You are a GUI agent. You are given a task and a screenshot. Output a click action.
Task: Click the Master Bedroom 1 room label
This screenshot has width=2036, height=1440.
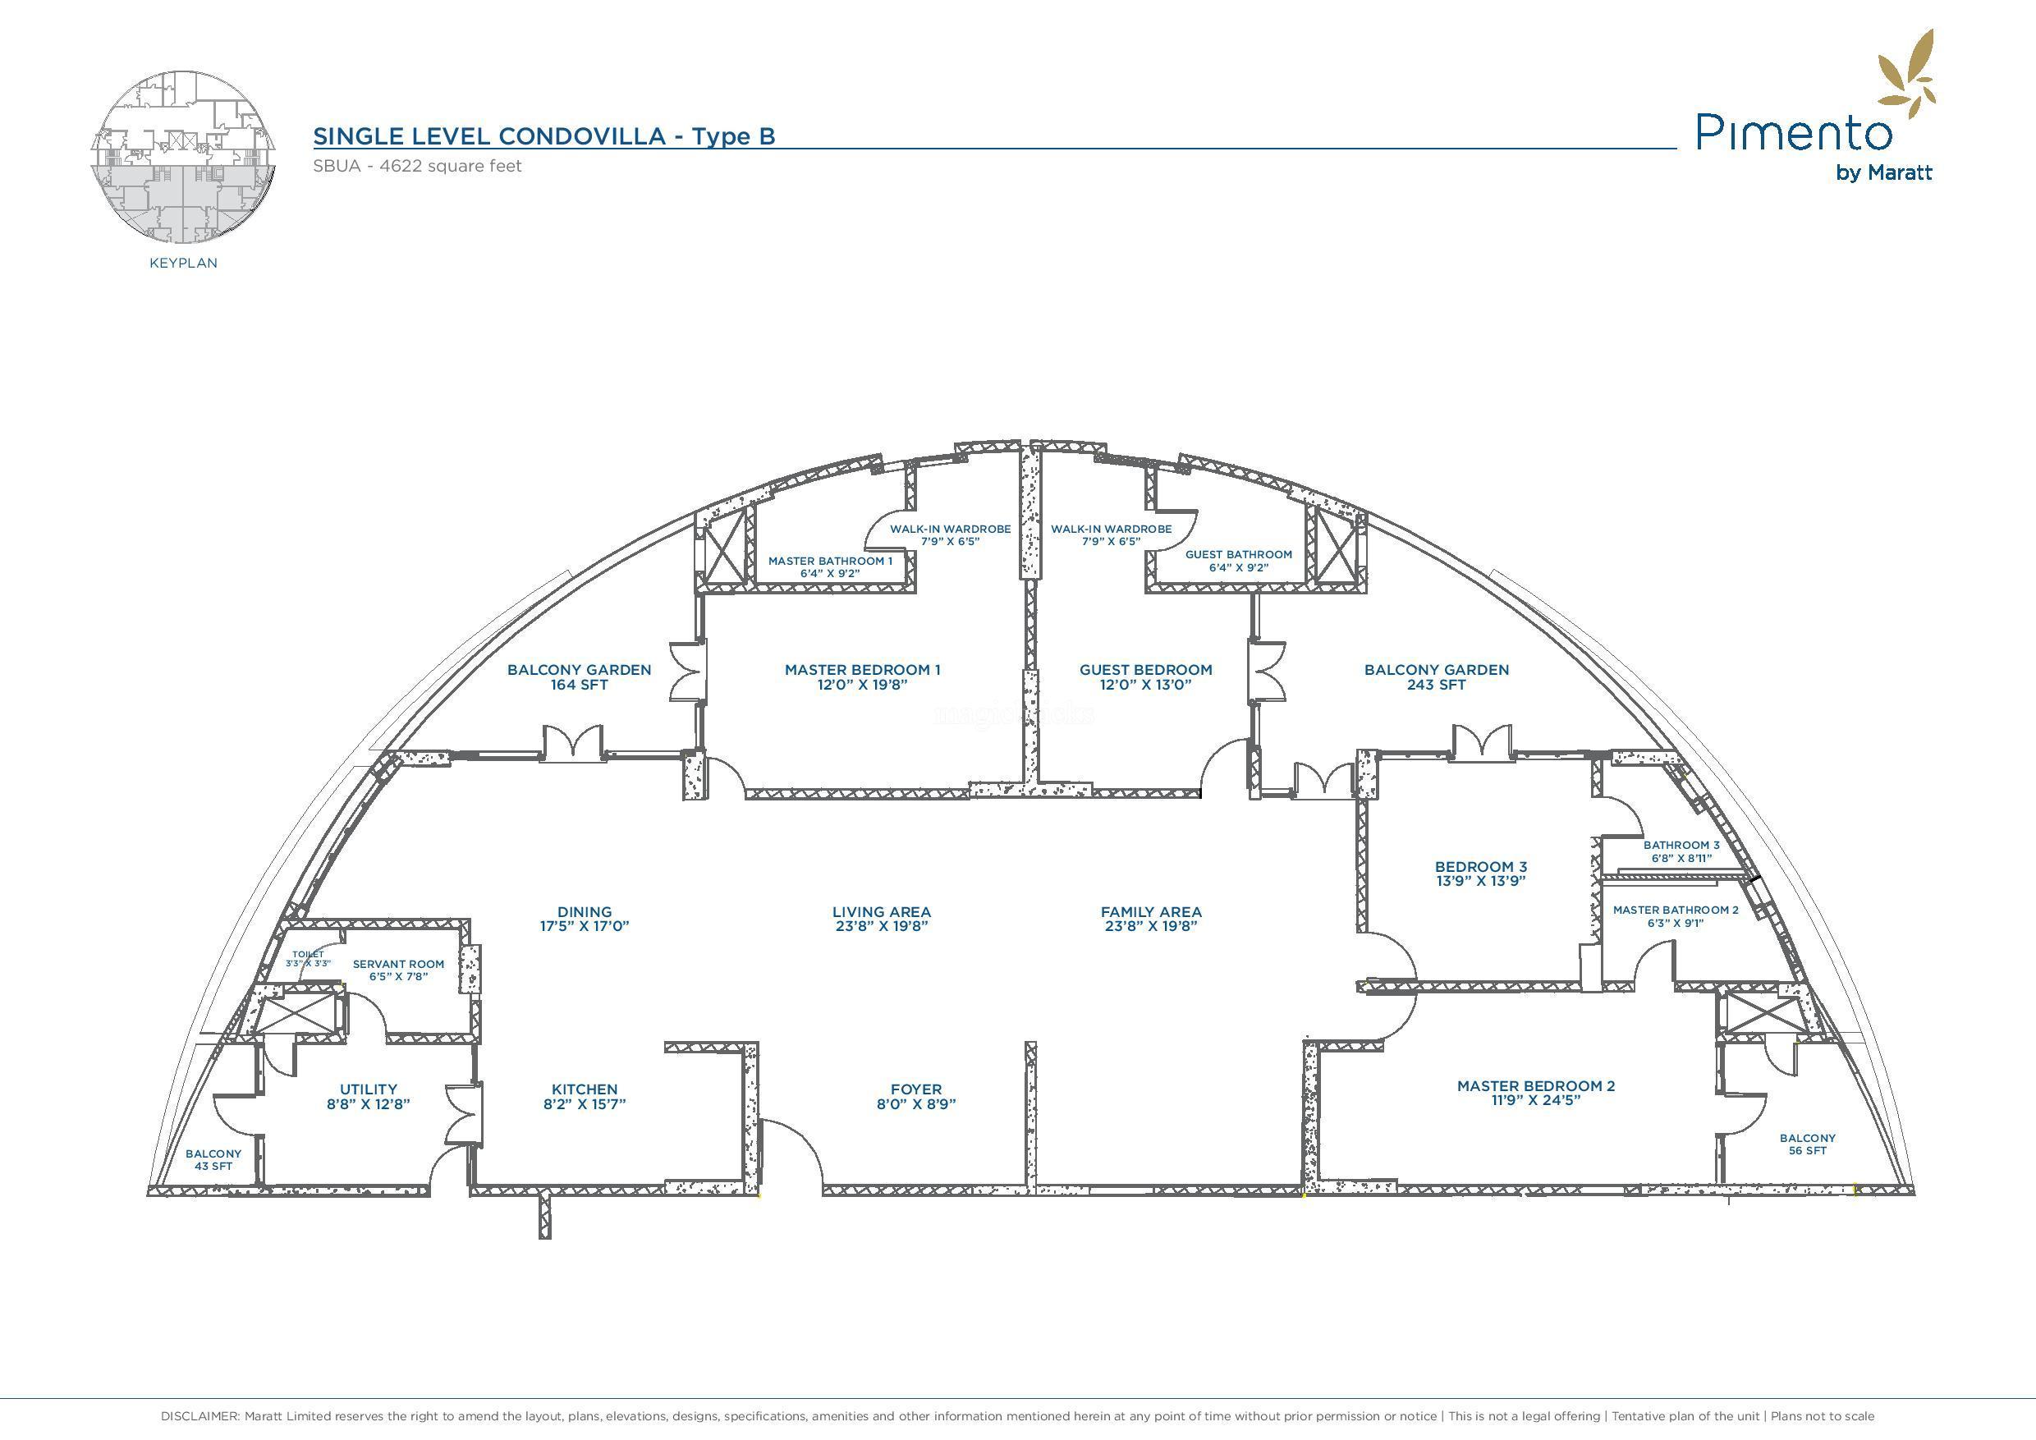click(862, 669)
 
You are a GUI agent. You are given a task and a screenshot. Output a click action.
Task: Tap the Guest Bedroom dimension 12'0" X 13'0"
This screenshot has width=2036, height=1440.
click(1146, 685)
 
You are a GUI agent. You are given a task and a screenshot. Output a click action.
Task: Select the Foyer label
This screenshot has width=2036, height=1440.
click(916, 1089)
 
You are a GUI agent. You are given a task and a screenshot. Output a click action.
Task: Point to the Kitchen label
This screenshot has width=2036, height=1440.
click(585, 1089)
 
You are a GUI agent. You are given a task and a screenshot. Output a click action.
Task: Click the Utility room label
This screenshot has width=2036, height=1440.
click(368, 1089)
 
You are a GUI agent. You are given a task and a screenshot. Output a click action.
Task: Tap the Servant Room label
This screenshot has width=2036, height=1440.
click(398, 964)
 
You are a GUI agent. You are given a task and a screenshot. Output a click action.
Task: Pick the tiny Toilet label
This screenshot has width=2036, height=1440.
click(308, 954)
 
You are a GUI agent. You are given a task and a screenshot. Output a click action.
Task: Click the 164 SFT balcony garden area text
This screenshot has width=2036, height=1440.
click(579, 685)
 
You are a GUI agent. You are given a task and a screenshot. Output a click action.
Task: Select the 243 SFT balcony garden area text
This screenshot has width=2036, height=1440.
click(1436, 685)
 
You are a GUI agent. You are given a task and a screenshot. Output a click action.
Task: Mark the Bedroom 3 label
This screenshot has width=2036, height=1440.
click(1481, 866)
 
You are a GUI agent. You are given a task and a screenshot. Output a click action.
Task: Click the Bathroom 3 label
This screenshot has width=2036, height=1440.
click(1681, 845)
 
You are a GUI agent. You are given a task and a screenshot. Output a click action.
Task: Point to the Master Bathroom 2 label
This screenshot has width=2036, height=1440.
click(1675, 910)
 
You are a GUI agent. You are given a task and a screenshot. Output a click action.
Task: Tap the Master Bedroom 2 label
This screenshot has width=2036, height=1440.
click(1536, 1085)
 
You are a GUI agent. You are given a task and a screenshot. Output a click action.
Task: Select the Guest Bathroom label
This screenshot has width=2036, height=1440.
click(1238, 554)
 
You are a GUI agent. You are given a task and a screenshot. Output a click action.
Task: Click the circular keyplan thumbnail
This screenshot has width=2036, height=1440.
click(184, 157)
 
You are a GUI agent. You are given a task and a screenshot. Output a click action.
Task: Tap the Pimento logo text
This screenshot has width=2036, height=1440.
click(1793, 133)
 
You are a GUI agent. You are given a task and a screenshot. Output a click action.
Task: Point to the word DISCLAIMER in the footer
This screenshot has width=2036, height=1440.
click(199, 1416)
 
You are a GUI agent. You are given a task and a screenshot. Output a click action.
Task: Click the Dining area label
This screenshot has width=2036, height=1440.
click(585, 911)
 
